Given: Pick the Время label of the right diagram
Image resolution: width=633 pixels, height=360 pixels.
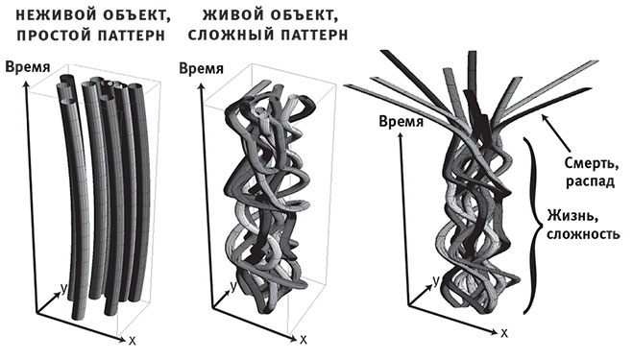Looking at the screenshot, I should [x=400, y=122].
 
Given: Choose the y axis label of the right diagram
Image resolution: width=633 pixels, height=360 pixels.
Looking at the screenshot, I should [x=434, y=279].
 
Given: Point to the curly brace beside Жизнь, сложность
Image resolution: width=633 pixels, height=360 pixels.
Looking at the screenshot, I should [x=530, y=225].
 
